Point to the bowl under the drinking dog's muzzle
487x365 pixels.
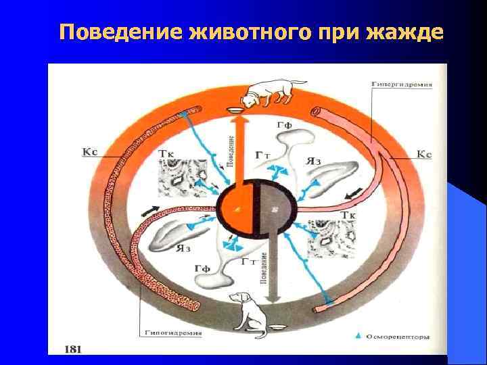[235, 109]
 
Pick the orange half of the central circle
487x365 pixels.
[237, 210]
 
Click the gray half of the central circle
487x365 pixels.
[271, 210]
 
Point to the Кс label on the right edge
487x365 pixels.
[423, 154]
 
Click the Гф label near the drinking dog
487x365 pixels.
[285, 126]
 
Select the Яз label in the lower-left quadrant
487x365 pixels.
[183, 247]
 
